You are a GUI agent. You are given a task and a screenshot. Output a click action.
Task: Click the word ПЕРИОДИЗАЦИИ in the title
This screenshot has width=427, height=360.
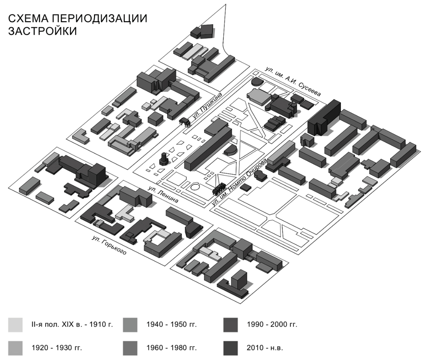click(99, 18)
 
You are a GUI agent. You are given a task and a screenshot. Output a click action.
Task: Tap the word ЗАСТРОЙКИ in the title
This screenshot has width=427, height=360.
click(42, 31)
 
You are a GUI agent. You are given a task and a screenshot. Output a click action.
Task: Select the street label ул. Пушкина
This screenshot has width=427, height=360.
click(207, 105)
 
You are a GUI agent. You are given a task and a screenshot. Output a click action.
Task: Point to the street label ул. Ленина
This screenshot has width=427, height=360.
click(163, 195)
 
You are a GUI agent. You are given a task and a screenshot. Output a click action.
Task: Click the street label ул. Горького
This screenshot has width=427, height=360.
click(109, 245)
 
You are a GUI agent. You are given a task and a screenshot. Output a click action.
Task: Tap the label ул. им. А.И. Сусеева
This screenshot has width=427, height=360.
click(293, 82)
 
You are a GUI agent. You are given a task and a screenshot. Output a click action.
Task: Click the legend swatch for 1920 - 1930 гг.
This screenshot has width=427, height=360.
click(15, 348)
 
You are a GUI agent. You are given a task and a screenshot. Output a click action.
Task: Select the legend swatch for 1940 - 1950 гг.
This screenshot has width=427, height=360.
click(130, 325)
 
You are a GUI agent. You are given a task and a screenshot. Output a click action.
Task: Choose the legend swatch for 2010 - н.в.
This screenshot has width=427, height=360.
click(230, 348)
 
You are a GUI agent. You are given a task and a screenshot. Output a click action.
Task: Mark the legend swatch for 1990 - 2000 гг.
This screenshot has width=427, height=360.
click(230, 325)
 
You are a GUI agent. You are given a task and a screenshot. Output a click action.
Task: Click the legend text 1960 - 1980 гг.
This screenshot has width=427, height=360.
click(171, 348)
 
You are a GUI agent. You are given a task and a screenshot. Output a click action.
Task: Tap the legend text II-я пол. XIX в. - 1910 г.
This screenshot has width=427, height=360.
click(72, 325)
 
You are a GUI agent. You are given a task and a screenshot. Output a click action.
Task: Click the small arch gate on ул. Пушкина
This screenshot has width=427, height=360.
click(184, 122)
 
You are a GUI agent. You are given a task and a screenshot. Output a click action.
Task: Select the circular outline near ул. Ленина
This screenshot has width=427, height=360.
click(195, 187)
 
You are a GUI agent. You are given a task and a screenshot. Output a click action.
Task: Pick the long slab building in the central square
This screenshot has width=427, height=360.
click(208, 149)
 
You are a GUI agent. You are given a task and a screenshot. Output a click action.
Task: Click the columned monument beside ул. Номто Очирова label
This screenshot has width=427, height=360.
click(219, 189)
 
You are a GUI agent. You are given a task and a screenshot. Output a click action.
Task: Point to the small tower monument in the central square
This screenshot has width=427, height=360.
click(164, 159)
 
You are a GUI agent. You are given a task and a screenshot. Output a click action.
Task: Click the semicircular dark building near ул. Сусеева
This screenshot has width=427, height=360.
click(257, 82)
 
